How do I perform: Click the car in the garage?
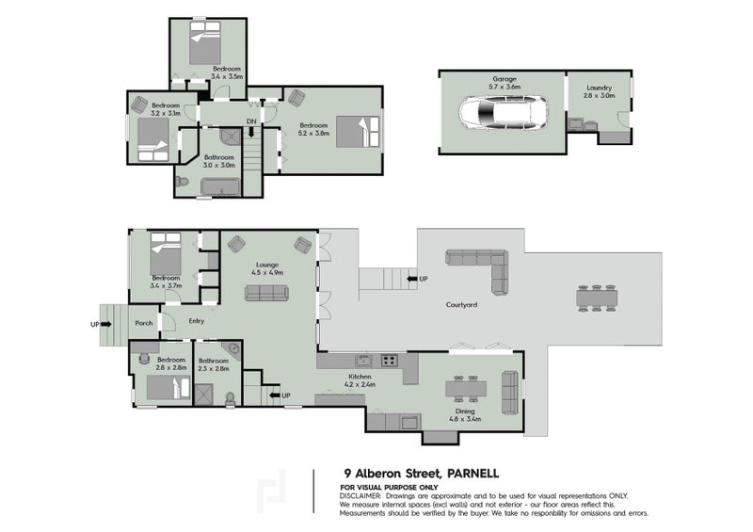click(x=503, y=113)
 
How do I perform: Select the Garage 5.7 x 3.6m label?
click(x=505, y=83)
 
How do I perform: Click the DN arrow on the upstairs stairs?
click(x=251, y=132)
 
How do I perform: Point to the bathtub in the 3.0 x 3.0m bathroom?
click(x=220, y=186)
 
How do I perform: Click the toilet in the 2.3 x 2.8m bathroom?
click(x=231, y=398)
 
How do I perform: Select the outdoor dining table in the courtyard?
click(x=597, y=298)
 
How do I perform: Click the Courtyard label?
click(x=461, y=305)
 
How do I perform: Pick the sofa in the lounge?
click(x=266, y=293)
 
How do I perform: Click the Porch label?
click(x=144, y=323)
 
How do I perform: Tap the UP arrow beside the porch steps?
click(x=106, y=325)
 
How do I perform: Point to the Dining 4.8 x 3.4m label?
click(x=465, y=414)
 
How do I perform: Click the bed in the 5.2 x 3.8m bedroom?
click(x=359, y=131)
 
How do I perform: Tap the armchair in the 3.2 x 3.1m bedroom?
click(x=139, y=105)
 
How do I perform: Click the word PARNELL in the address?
click(x=473, y=474)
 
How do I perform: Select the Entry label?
click(x=197, y=321)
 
